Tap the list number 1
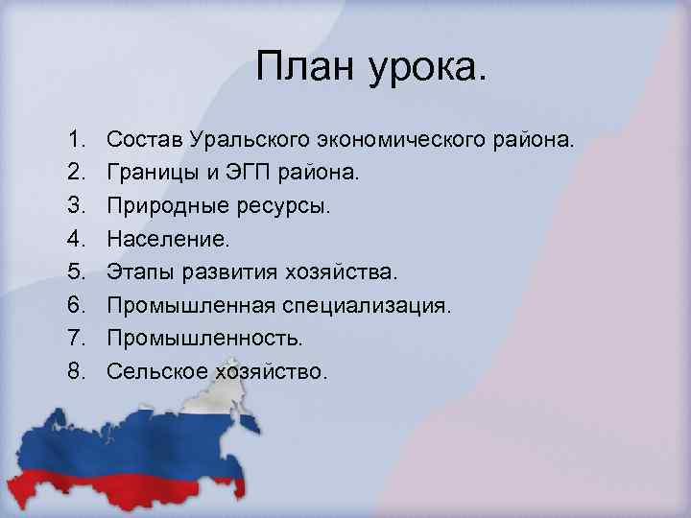pos(77,141)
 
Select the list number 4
pos(77,239)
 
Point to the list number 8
pos(77,370)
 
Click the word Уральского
pos(238,141)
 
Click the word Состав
pos(140,141)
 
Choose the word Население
pos(157,239)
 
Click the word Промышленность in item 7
pos(204,338)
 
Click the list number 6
pos(77,305)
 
